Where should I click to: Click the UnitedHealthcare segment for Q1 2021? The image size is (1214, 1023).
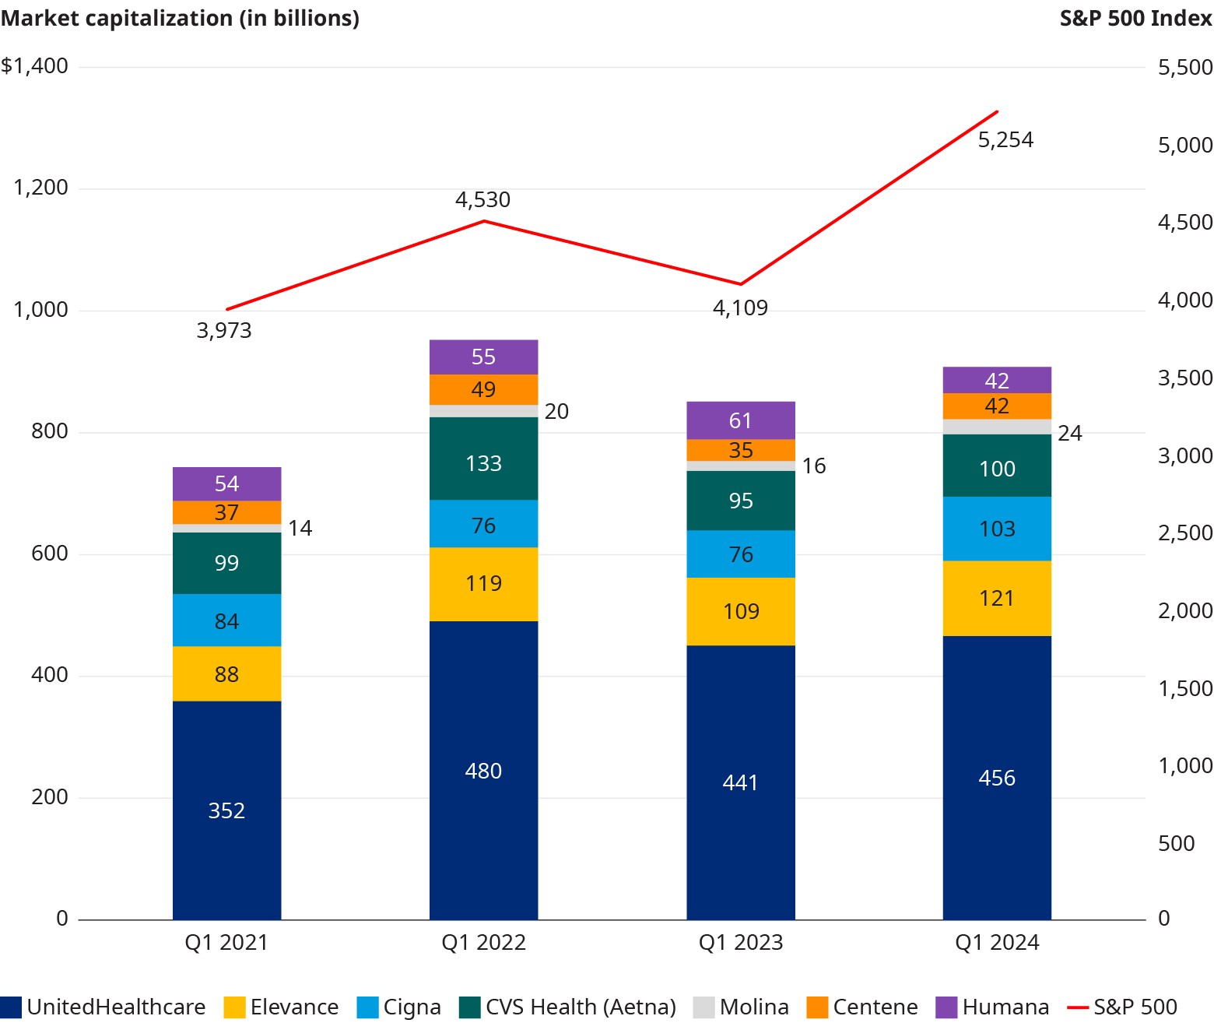[226, 810]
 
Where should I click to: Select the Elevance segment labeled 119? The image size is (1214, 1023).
[483, 584]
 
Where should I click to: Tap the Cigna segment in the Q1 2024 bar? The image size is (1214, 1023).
[997, 529]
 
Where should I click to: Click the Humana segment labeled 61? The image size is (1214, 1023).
[740, 420]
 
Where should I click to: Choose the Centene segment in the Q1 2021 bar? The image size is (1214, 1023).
[226, 512]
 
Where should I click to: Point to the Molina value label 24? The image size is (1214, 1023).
[1069, 434]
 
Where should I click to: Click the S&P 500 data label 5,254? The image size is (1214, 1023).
[1005, 140]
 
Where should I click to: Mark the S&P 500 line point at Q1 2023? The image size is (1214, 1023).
[740, 284]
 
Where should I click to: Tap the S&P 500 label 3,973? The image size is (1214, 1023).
[224, 331]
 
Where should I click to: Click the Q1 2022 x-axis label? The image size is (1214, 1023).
[483, 943]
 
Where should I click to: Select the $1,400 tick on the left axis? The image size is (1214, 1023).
[35, 66]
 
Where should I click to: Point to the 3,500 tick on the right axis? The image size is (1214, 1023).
[1184, 378]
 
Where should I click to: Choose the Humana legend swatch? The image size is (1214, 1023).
[946, 1007]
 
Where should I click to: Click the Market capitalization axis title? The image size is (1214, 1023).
[180, 18]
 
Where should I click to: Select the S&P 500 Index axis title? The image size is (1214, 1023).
[1135, 18]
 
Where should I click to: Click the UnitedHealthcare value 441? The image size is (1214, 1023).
[740, 782]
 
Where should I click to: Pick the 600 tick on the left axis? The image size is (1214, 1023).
[50, 554]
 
